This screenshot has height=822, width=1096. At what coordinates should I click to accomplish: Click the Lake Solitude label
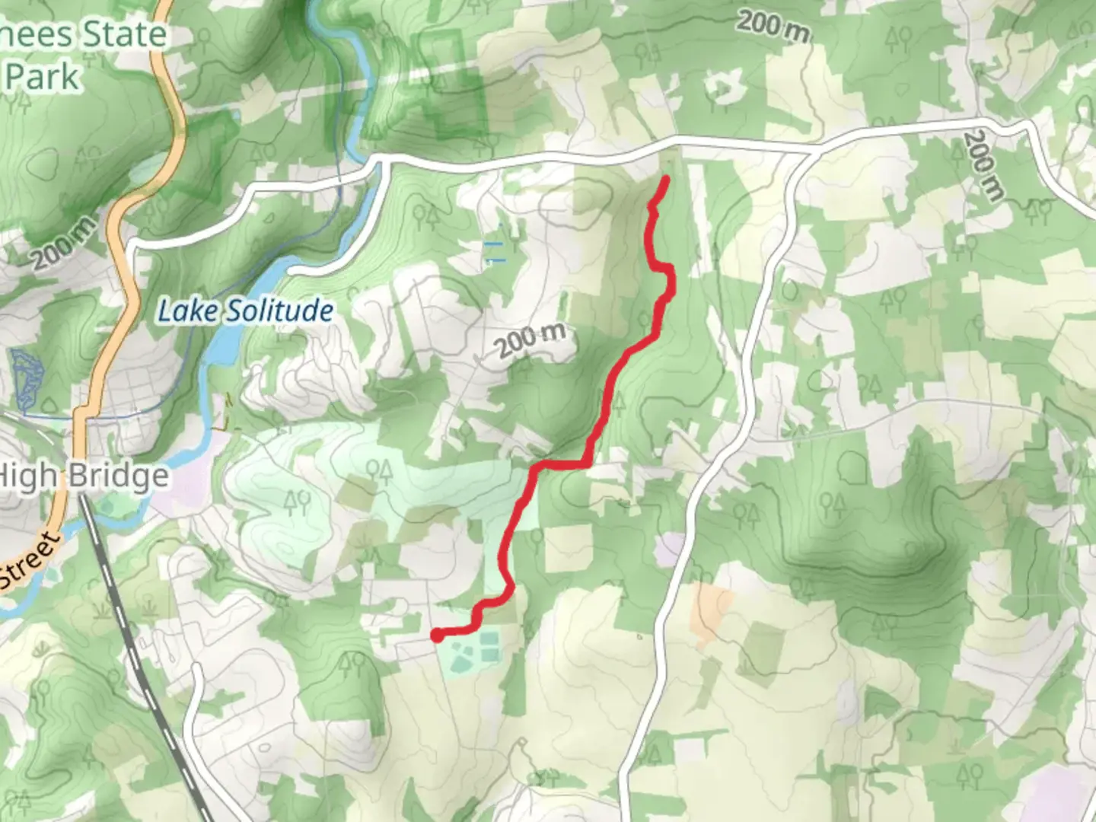pyautogui.click(x=244, y=311)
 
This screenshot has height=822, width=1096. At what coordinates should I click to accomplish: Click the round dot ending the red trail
pyautogui.click(x=438, y=635)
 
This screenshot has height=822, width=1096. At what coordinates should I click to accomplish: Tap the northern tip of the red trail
pyautogui.click(x=666, y=179)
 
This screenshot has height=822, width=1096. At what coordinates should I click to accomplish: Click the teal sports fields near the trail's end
pyautogui.click(x=473, y=652)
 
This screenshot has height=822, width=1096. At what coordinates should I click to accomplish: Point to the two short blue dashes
pyautogui.click(x=494, y=252)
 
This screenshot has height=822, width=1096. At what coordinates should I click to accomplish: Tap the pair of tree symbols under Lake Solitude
pyautogui.click(x=298, y=502)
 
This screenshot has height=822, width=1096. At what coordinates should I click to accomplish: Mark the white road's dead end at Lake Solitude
pyautogui.click(x=294, y=270)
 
